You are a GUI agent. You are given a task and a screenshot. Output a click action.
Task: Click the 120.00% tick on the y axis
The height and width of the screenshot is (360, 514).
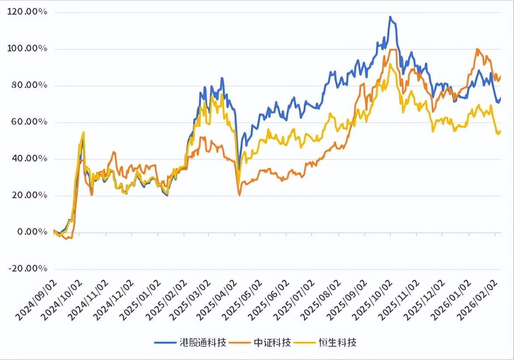tap(28, 12)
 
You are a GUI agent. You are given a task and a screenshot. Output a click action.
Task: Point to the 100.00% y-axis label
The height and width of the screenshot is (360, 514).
tap(28, 49)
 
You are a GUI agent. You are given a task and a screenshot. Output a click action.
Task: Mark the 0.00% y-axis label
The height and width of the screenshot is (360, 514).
tap(31, 232)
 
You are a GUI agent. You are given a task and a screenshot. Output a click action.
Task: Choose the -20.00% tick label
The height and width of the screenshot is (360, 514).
tap(28, 269)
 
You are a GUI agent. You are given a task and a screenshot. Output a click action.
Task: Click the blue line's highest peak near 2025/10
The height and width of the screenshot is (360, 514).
tap(390, 17)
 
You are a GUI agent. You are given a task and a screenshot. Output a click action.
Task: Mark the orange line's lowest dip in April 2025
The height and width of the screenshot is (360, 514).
tap(240, 195)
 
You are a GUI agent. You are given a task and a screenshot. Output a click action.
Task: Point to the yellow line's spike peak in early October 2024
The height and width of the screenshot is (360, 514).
tap(83, 132)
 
